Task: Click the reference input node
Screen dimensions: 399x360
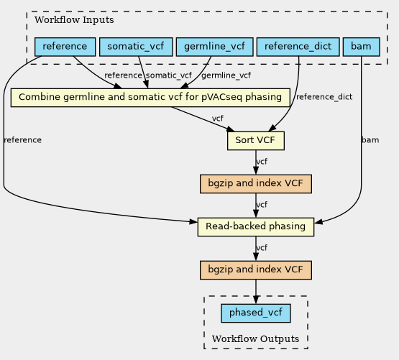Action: (65, 47)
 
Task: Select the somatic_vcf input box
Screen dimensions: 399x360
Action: (136, 47)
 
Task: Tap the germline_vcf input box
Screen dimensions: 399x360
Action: (214, 47)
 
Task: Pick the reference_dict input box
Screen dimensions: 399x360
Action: (298, 47)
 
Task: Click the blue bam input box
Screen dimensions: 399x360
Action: (362, 47)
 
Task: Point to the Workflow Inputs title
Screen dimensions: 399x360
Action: (74, 20)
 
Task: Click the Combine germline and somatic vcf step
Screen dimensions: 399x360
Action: (150, 98)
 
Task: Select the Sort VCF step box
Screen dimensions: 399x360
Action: (256, 141)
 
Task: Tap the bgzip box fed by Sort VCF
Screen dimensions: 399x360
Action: (256, 184)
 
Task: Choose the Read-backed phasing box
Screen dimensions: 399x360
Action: (256, 227)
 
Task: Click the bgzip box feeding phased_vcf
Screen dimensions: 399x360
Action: (256, 270)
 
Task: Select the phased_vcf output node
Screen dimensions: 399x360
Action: (256, 313)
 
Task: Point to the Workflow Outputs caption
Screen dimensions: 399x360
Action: (255, 339)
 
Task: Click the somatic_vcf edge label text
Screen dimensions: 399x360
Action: (169, 75)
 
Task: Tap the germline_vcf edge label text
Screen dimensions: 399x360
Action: (226, 75)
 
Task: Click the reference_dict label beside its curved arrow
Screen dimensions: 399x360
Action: (324, 97)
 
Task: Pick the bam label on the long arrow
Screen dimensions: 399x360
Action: (370, 140)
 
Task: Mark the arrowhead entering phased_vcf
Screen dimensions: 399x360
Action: (256, 300)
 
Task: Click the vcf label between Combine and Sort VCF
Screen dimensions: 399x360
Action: (218, 119)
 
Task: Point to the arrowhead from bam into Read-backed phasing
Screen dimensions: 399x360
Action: (318, 221)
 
